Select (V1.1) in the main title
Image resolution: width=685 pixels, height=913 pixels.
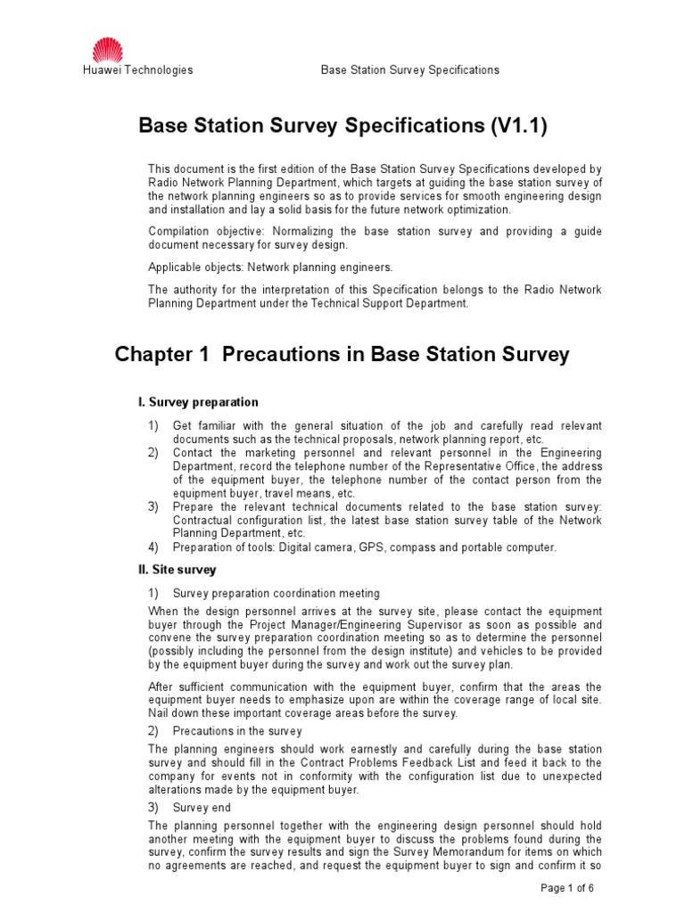(517, 127)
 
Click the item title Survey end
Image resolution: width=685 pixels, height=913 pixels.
(204, 807)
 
